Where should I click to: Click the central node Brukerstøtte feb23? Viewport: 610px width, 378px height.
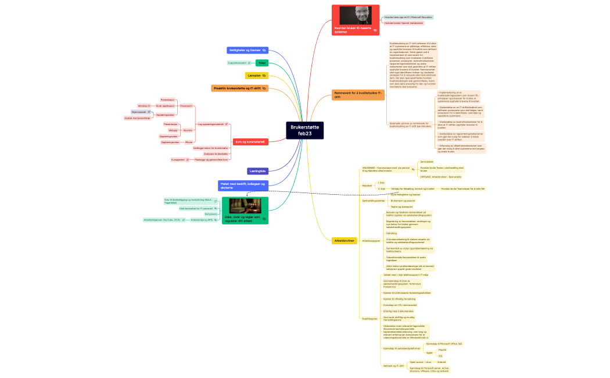305,130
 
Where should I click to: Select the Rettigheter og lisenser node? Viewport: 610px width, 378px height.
247,51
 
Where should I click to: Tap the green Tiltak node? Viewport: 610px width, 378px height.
261,63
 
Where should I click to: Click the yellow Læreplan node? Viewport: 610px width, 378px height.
256,76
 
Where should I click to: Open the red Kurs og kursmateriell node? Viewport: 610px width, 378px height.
249,141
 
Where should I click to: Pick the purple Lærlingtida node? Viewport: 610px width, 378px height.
257,171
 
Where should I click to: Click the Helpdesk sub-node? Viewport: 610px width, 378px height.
367,186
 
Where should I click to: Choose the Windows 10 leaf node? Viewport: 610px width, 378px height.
143,106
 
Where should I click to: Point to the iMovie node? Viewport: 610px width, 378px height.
188,142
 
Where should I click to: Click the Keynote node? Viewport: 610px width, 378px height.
188,130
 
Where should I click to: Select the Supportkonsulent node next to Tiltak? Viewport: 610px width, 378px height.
237,63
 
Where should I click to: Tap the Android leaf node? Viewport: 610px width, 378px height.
442,362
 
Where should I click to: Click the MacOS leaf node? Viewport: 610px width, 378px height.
442,350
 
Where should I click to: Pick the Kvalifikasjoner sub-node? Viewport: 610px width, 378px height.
369,319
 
